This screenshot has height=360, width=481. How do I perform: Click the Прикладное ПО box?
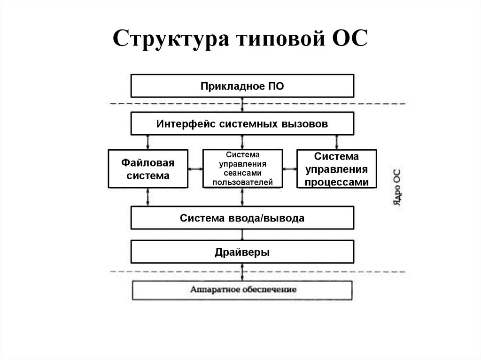(242, 86)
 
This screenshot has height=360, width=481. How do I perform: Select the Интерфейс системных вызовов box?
(242, 124)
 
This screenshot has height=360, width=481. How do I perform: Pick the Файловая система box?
(148, 169)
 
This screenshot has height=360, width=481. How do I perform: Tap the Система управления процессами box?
(336, 169)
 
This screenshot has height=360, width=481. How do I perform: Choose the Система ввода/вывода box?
(242, 218)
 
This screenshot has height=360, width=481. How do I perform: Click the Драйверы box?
(242, 252)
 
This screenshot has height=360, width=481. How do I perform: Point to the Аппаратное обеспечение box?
(242, 290)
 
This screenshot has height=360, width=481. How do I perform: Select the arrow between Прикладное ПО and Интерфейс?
(242, 105)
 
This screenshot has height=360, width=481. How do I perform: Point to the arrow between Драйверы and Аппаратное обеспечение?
(242, 272)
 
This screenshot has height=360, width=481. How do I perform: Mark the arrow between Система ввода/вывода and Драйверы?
(242, 235)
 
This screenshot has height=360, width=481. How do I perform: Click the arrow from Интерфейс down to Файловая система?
(148, 142)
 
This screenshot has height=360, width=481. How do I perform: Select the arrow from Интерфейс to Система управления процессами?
(336, 142)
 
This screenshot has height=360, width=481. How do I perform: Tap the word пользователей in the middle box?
(242, 182)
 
